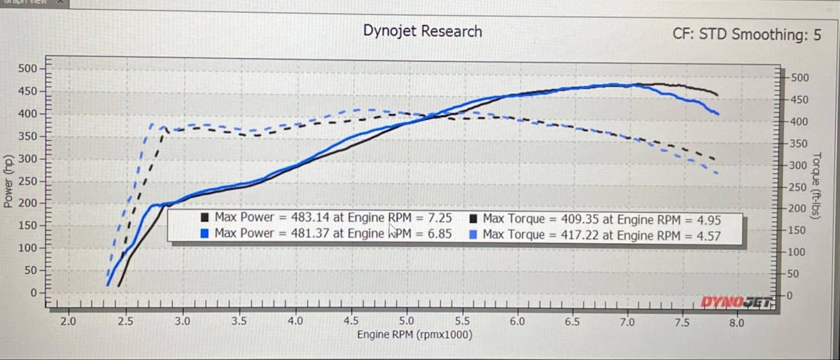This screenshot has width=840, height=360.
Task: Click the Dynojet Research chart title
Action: [422, 32]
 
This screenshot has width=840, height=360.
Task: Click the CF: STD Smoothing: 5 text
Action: [747, 34]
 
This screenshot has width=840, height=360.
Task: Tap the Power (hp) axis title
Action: [8, 181]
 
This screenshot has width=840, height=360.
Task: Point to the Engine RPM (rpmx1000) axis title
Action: [414, 335]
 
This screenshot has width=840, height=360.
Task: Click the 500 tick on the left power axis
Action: [27, 69]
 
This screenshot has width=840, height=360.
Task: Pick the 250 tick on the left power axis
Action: [27, 181]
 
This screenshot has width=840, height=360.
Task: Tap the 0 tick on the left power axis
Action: [32, 292]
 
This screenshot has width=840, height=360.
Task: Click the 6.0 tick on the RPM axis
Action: [517, 322]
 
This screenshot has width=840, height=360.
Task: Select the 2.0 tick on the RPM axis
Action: [68, 322]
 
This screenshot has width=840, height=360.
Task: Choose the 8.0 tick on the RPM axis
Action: [736, 323]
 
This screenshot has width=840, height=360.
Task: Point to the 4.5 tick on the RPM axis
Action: [351, 322]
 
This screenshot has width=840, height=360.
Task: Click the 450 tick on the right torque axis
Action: [799, 99]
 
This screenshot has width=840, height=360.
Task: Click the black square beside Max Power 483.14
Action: [205, 219]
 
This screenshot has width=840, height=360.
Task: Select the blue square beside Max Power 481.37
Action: [205, 233]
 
